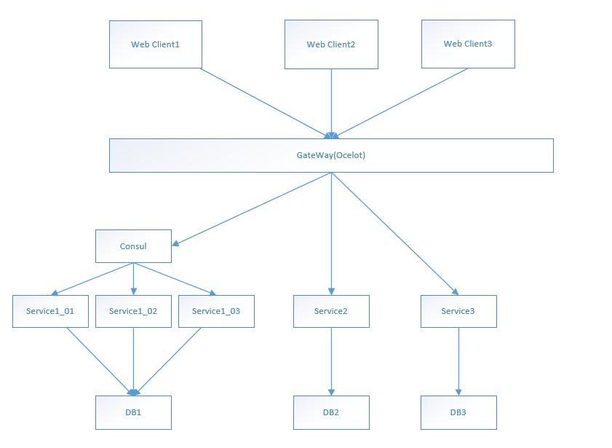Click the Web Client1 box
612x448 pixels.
point(156,44)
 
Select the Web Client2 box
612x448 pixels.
point(331,44)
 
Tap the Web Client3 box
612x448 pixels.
point(468,44)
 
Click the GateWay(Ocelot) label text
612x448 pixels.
point(331,155)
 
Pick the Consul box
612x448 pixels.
point(133,246)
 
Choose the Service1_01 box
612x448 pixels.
point(50,311)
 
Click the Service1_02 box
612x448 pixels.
point(133,311)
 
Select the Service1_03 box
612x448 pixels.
point(216,311)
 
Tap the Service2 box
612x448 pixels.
point(331,311)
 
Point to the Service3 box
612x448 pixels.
point(458,311)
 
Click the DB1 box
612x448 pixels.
point(133,412)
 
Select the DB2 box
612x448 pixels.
point(331,412)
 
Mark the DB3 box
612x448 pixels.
point(458,412)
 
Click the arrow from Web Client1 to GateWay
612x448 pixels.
point(266,103)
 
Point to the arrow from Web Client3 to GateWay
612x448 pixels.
point(400,103)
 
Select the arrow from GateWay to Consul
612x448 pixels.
point(252,209)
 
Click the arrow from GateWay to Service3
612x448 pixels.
point(395,234)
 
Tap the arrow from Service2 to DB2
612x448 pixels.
point(331,362)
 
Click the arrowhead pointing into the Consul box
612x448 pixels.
point(175,243)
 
